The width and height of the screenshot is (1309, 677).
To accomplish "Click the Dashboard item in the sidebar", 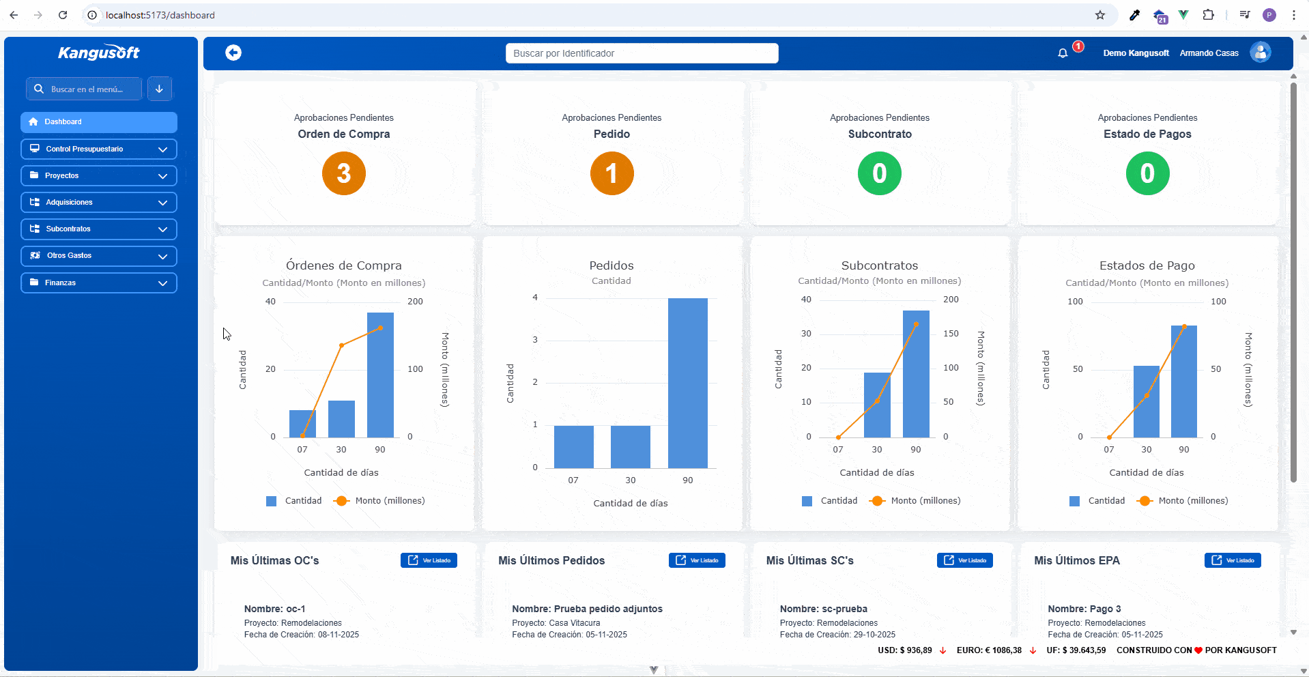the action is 99,122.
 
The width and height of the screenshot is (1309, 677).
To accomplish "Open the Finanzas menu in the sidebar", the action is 99,283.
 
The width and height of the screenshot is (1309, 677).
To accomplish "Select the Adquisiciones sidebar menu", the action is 99,203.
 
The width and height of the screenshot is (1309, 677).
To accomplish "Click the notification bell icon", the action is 1063,53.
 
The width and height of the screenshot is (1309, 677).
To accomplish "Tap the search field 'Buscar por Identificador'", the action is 642,53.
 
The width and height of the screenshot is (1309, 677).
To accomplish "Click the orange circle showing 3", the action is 344,173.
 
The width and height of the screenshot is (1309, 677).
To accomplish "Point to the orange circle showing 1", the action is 612,173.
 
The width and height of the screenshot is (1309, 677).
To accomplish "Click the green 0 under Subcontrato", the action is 880,173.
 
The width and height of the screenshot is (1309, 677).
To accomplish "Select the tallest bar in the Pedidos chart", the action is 688,383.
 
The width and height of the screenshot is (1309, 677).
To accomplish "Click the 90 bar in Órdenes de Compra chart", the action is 380,375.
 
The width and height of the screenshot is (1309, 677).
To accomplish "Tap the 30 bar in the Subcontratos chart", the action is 877,405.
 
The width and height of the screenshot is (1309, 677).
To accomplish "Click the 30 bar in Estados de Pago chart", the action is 1147,401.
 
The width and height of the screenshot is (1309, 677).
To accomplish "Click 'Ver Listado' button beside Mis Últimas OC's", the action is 429,560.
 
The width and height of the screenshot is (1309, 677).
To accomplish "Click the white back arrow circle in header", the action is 233,53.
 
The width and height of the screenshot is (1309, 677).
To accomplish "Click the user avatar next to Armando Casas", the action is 1261,53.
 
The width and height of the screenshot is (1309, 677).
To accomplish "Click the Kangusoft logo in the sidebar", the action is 99,53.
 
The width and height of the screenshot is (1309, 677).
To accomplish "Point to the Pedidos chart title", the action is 612,265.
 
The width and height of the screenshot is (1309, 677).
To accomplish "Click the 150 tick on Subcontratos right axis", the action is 951,334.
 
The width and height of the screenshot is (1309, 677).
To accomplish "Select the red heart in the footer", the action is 1198,650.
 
